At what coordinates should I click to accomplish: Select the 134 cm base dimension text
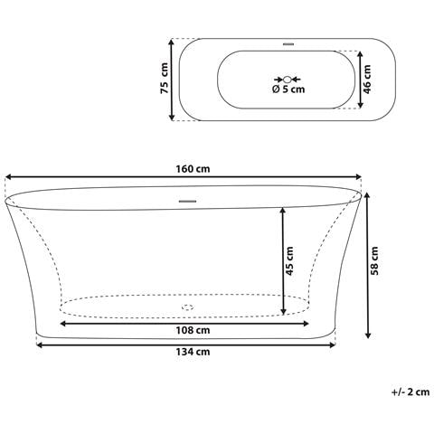[189, 353]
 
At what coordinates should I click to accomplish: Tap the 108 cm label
[189, 331]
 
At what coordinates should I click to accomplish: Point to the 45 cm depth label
[290, 261]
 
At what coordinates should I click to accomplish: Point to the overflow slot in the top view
[289, 43]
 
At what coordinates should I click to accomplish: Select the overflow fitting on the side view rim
[188, 200]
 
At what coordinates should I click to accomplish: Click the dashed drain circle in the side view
[188, 307]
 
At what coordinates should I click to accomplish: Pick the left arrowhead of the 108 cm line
[63, 321]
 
